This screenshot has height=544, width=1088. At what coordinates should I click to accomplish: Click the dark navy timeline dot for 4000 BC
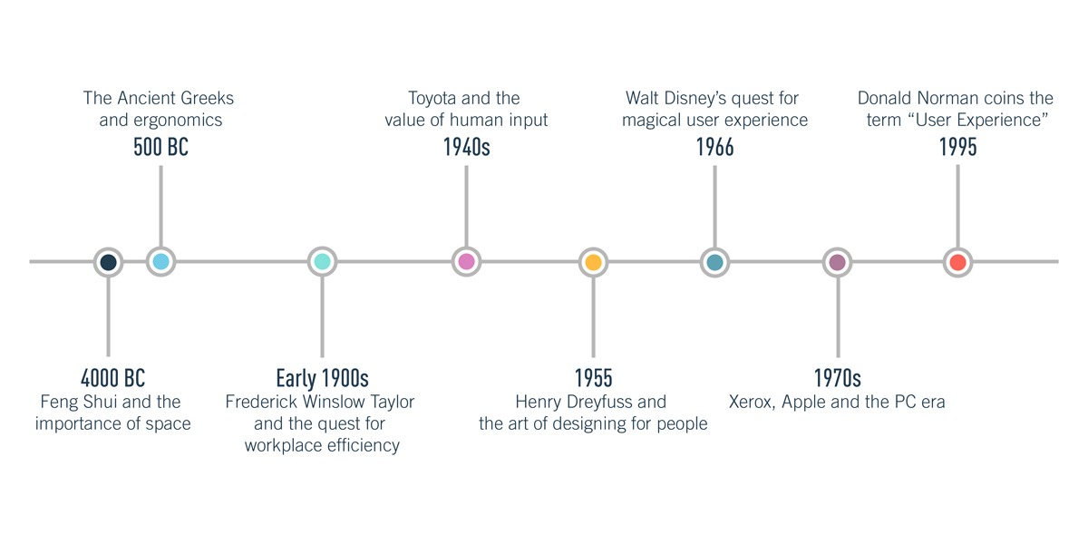[108, 262]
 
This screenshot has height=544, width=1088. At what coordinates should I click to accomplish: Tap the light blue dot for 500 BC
[160, 262]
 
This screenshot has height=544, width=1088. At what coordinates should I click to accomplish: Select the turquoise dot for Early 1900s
[322, 262]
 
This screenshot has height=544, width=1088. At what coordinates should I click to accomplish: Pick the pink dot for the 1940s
[466, 262]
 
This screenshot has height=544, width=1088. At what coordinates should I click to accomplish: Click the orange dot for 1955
[593, 262]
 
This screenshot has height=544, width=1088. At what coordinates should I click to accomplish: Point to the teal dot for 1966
[714, 262]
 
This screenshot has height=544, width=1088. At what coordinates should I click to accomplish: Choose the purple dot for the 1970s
[838, 262]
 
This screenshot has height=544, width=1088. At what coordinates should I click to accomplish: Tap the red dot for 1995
[957, 262]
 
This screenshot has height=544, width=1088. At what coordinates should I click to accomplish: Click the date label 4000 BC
[112, 378]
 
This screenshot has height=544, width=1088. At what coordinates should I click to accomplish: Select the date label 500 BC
[160, 147]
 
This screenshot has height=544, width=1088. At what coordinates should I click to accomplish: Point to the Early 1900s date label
[322, 378]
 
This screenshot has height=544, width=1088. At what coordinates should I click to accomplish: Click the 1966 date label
[715, 147]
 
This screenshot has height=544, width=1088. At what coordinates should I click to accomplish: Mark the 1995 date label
[957, 147]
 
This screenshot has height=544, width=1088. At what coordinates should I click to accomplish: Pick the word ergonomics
[178, 121]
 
